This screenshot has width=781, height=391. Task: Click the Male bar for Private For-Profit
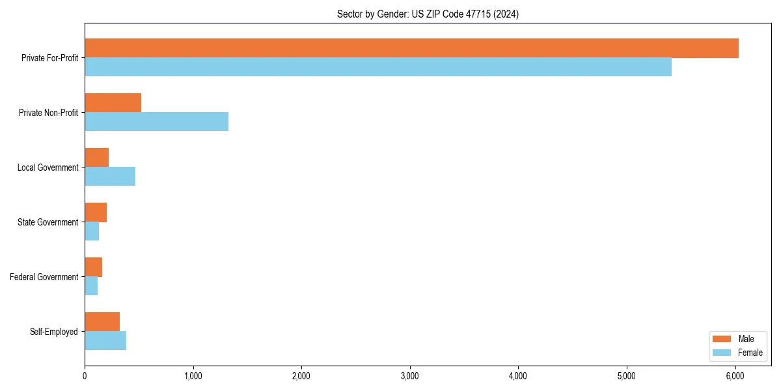tap(411, 48)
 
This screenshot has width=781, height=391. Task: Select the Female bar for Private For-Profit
tap(377, 67)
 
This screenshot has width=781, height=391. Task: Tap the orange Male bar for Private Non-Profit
tap(113, 103)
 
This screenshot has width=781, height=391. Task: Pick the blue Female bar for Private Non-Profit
tap(156, 122)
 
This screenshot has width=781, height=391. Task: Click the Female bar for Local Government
tap(110, 177)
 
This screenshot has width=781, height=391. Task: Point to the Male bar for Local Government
tap(96, 158)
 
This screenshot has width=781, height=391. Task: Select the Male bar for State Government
tap(96, 212)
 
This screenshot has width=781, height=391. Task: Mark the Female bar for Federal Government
tap(91, 286)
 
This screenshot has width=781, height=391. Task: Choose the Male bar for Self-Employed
tap(102, 322)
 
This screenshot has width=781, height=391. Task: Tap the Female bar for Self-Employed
tap(105, 341)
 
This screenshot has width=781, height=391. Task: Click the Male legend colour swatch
tap(722, 339)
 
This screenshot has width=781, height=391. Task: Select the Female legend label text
tap(750, 353)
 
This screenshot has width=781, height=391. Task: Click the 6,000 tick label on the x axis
tap(735, 376)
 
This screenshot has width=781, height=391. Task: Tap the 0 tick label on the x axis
tap(85, 376)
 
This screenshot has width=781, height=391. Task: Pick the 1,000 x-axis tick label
tap(193, 376)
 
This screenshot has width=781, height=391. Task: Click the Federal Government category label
tap(44, 277)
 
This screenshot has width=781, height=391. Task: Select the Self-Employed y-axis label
tap(54, 332)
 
